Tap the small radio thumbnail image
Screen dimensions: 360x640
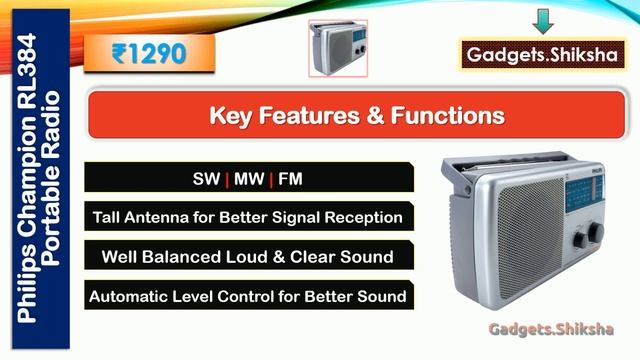point(336,47)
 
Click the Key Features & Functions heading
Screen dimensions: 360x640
point(356,116)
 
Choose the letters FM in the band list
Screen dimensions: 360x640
point(290,180)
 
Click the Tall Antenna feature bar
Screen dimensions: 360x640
point(247,217)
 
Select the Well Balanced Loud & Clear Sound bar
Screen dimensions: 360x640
point(247,257)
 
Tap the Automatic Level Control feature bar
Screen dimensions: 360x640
point(247,296)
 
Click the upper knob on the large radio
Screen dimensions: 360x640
point(594,231)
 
